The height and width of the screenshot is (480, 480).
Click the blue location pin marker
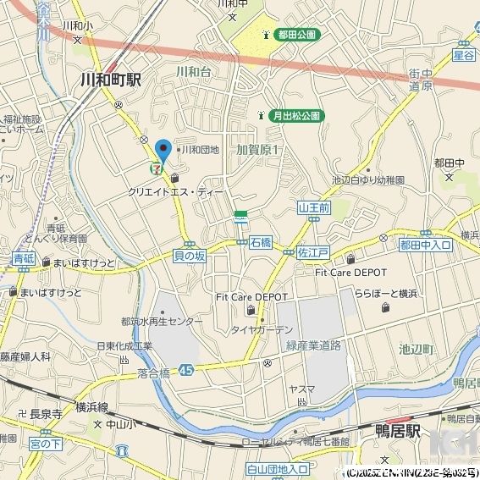(x=163, y=151)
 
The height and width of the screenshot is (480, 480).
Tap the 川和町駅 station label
(x=110, y=80)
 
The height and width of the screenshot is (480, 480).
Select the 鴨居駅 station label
(x=397, y=431)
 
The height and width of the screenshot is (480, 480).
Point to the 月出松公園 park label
(x=295, y=115)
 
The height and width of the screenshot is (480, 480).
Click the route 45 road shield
(x=186, y=370)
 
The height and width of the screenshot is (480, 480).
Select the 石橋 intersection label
(x=261, y=243)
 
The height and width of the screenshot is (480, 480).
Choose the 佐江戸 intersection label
(x=312, y=252)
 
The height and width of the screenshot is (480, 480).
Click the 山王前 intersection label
(x=313, y=207)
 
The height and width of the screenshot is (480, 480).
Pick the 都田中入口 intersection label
(x=426, y=245)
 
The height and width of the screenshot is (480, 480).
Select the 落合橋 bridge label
(x=153, y=372)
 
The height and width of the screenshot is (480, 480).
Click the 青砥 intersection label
(x=23, y=259)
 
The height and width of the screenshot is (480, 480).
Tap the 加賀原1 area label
(x=258, y=150)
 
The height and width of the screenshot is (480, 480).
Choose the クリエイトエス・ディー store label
(x=176, y=193)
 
